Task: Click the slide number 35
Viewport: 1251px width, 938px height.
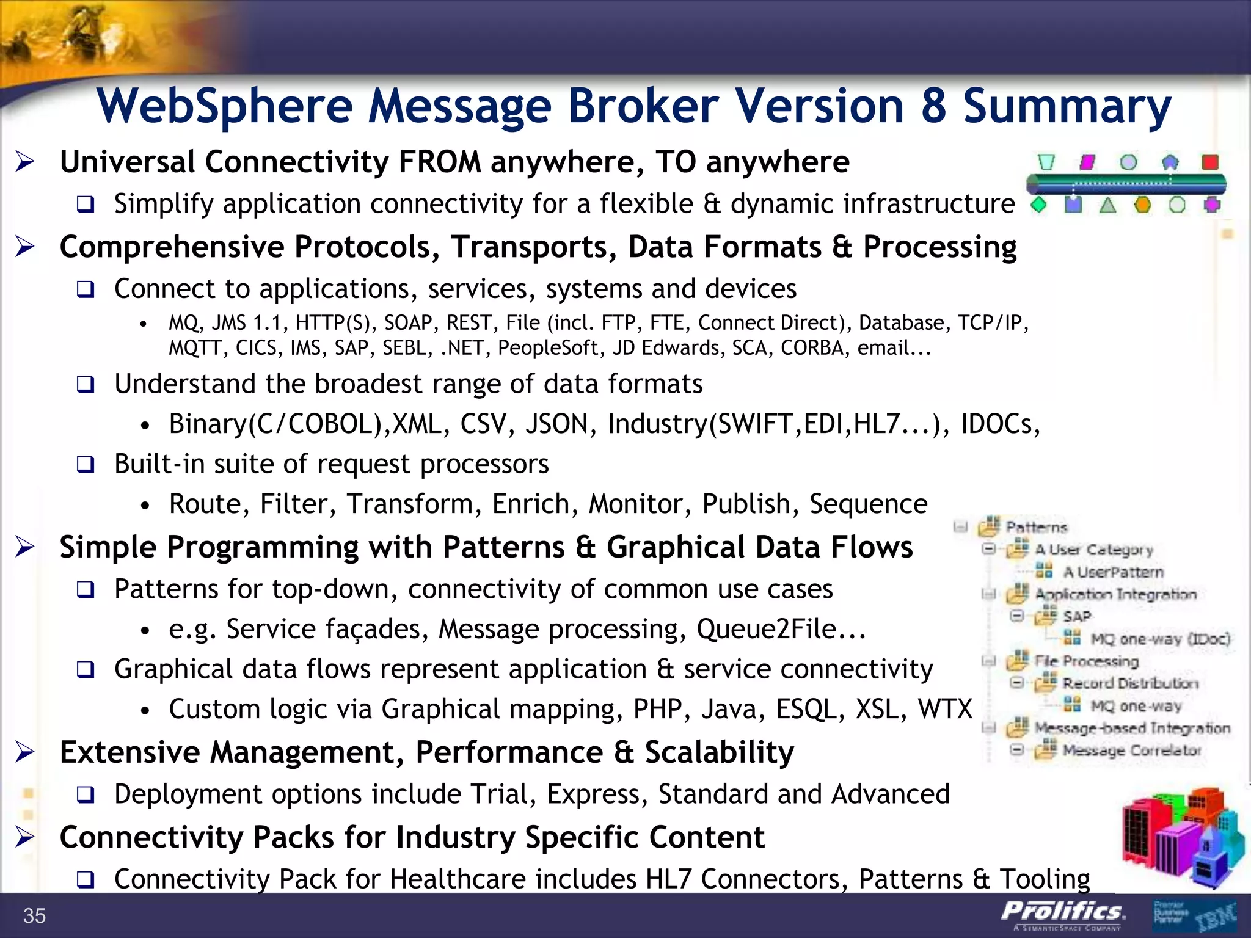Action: point(35,915)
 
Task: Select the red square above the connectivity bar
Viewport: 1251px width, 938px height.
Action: point(1209,162)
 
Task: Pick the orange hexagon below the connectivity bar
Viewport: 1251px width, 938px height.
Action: point(1142,205)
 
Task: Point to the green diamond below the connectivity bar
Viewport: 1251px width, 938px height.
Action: point(1038,205)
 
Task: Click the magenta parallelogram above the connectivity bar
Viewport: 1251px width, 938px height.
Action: point(1087,162)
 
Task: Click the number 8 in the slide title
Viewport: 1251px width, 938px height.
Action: point(933,106)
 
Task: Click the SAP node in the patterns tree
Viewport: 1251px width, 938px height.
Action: point(1076,616)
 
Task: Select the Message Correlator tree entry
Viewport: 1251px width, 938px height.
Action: point(1131,750)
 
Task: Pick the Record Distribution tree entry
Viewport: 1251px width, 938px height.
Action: point(1130,683)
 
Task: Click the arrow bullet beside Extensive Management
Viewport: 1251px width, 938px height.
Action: point(25,752)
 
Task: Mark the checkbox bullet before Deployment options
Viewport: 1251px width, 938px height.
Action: point(86,795)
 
